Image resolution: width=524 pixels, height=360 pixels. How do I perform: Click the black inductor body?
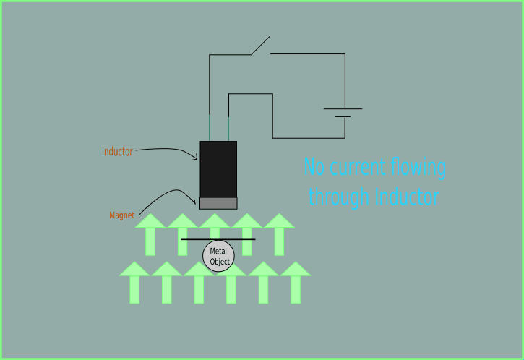click(218, 168)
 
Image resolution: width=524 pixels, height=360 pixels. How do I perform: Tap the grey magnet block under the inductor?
click(218, 203)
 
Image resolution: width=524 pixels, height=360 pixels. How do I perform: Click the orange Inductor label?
click(117, 152)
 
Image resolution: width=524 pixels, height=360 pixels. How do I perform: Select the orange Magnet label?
click(121, 215)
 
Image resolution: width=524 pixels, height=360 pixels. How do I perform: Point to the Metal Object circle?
click(218, 256)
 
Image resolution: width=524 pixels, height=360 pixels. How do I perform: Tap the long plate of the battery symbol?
click(343, 109)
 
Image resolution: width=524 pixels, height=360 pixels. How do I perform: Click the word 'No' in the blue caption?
click(314, 168)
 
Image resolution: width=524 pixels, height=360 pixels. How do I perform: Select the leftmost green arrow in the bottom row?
click(134, 283)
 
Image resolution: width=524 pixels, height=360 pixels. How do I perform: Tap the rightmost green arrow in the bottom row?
click(295, 283)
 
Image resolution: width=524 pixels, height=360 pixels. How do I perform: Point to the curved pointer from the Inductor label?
click(170, 150)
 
